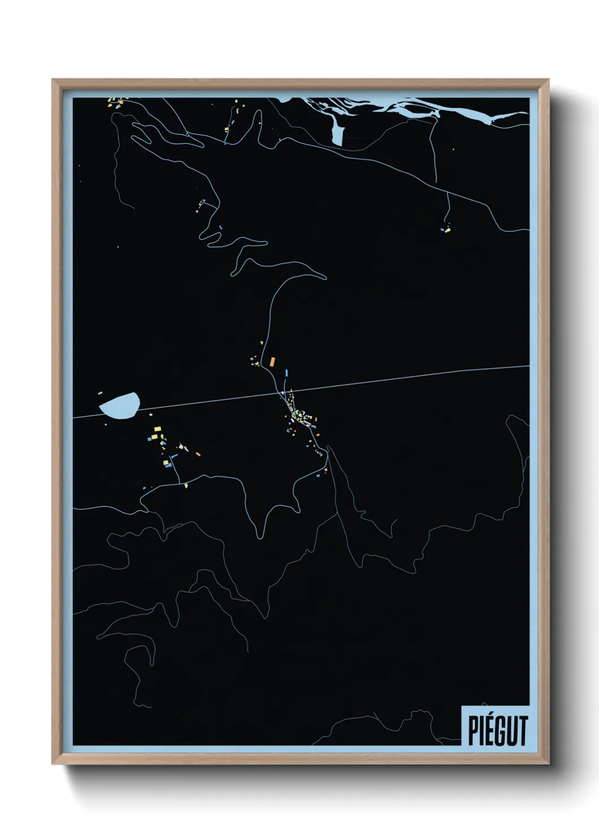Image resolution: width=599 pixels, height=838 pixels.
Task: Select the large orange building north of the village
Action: [x=272, y=361]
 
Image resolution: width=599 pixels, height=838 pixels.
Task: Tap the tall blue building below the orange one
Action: [x=286, y=373]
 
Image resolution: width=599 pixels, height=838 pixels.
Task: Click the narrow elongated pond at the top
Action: [x=337, y=134]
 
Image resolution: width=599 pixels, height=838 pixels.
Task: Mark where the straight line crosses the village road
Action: [x=283, y=392]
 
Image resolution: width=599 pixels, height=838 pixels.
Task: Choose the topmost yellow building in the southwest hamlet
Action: [x=157, y=430]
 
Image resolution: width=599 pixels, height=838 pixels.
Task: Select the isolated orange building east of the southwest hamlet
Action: [x=198, y=454]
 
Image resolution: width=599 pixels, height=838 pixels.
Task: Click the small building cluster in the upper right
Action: [x=446, y=229]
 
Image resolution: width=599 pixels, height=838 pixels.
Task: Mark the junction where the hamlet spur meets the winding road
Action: [x=180, y=483]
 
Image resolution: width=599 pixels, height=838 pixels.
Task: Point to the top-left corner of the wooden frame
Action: [x=53, y=80]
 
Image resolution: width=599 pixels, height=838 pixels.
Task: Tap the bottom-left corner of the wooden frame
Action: [x=53, y=764]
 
